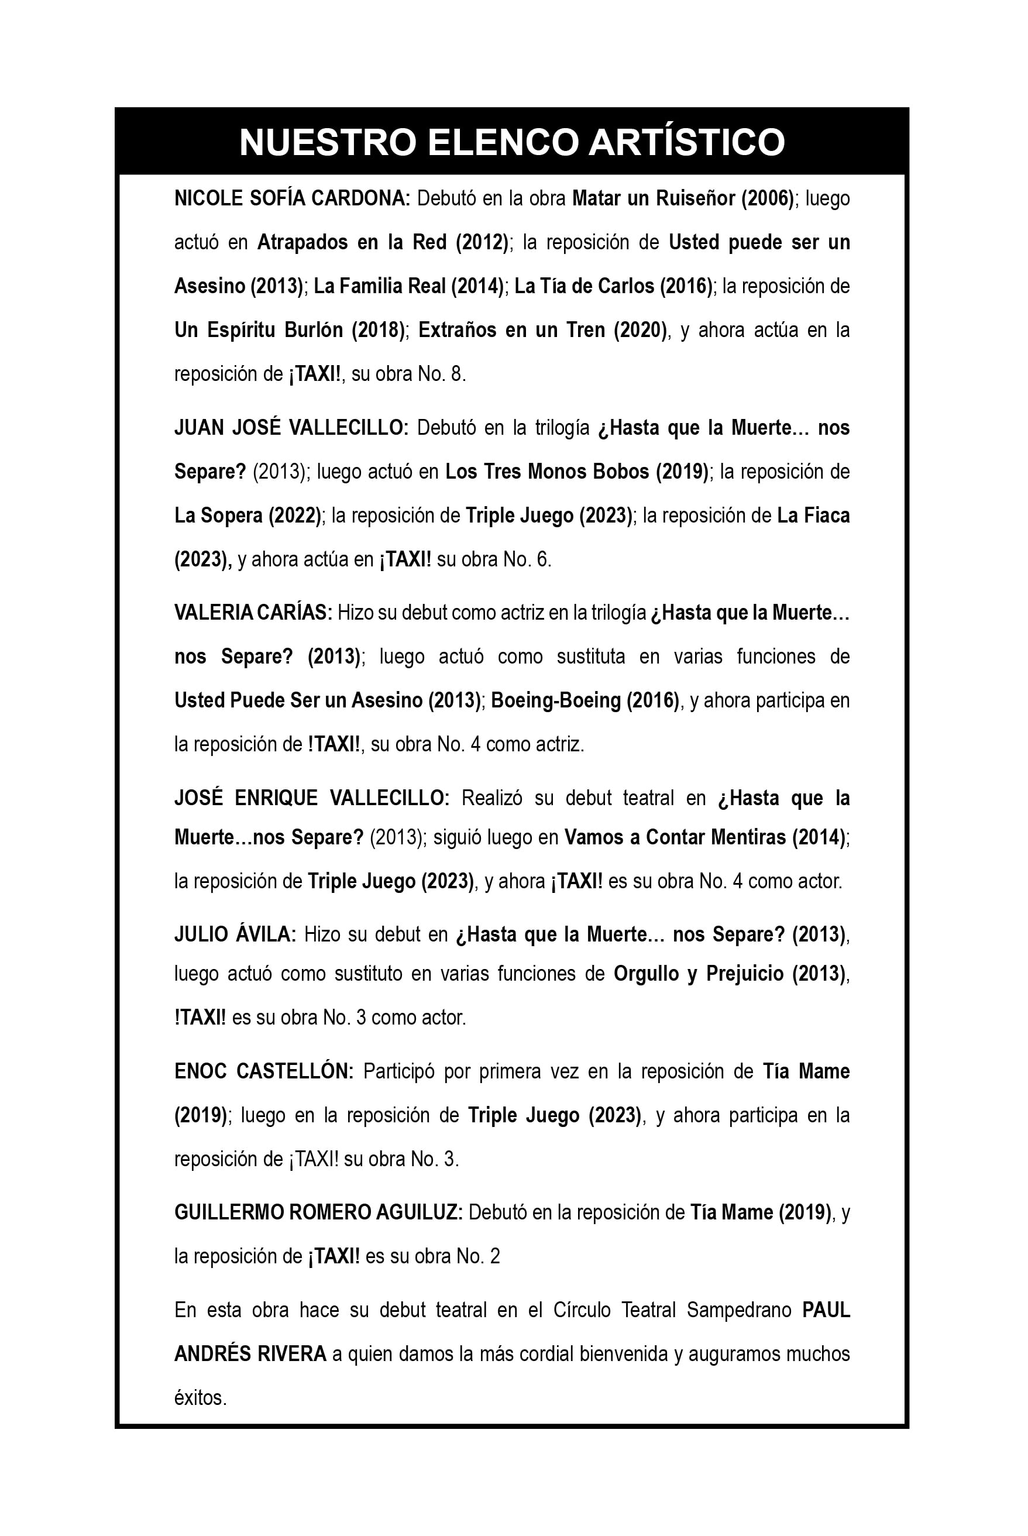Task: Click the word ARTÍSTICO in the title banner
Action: click(x=686, y=142)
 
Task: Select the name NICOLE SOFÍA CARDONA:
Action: click(x=292, y=198)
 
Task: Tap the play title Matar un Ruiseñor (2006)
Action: click(x=682, y=198)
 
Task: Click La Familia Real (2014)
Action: click(x=408, y=287)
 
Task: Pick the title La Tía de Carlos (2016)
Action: click(x=614, y=287)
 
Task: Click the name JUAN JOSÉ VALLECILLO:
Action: click(x=291, y=428)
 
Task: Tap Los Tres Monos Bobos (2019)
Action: click(x=576, y=472)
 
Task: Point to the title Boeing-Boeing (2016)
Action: click(x=585, y=701)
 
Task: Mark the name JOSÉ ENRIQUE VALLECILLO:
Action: click(x=311, y=799)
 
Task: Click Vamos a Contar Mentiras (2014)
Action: click(x=705, y=838)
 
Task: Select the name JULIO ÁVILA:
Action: click(x=235, y=934)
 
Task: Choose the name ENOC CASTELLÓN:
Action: click(x=263, y=1072)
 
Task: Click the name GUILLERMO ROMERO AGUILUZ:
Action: click(x=318, y=1213)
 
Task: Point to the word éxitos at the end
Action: click(x=200, y=1398)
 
